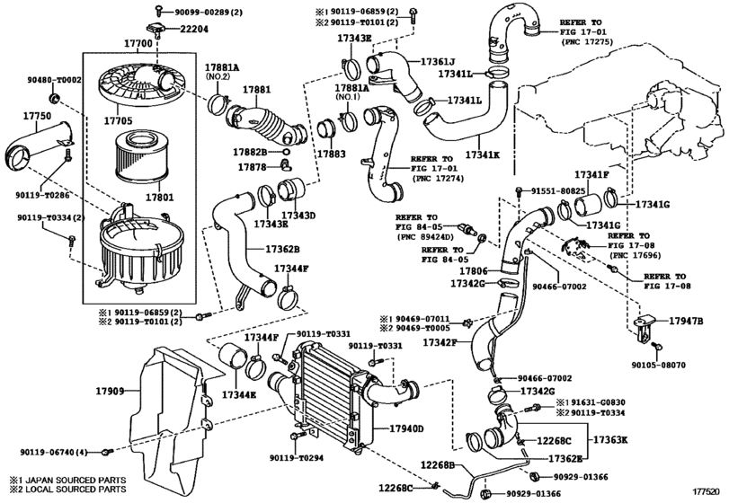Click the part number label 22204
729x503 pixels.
194,29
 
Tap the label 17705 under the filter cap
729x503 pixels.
118,120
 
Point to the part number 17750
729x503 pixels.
37,116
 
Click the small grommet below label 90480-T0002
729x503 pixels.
55,98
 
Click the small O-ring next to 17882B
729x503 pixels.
287,152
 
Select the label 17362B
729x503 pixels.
282,249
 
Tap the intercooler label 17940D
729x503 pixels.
407,428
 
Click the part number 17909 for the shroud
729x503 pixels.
111,391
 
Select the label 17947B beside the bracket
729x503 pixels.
686,321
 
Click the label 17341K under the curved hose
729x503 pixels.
482,154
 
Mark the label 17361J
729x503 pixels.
438,61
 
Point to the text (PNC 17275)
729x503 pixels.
587,42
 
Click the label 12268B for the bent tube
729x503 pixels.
438,464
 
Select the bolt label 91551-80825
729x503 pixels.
558,190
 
